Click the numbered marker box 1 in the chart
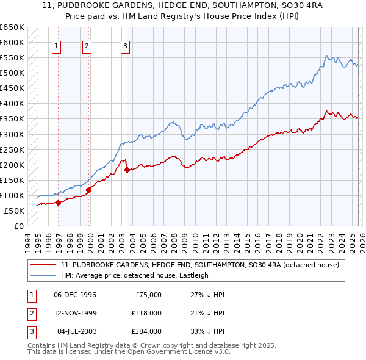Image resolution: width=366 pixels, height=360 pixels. tap(56, 45)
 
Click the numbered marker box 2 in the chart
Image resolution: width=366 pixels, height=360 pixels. tap(87, 45)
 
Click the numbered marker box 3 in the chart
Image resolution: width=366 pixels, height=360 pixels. tap(125, 45)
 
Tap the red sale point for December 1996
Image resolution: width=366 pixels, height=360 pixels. tap(59, 203)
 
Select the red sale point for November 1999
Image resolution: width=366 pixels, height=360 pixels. tap(89, 190)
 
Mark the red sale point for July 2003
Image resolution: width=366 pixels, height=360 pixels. tap(127, 170)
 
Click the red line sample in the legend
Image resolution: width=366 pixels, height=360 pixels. tap(43, 265)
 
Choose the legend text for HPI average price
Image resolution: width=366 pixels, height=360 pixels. tap(135, 275)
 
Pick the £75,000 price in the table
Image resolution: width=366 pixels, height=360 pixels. tap(148, 295)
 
